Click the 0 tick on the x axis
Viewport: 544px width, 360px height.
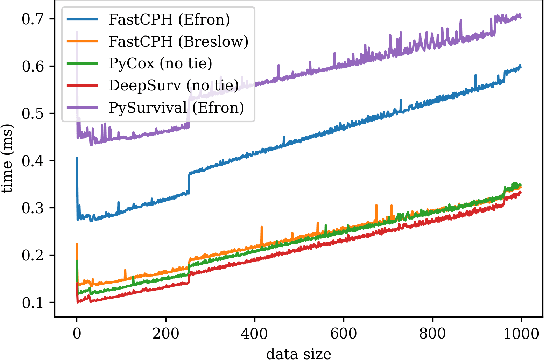pos(76,332)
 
